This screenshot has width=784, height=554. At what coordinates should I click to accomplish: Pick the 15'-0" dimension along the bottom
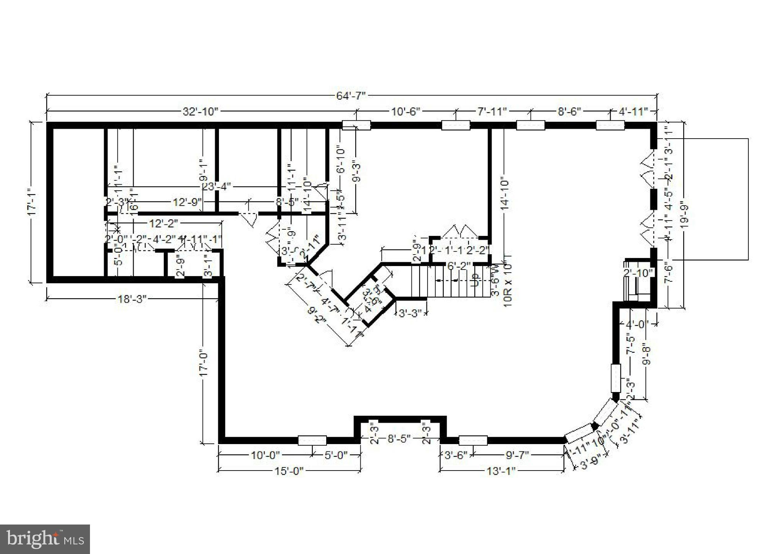click(289, 471)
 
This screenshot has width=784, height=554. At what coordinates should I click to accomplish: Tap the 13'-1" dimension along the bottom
click(501, 471)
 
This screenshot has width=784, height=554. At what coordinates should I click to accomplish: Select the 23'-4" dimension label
click(216, 187)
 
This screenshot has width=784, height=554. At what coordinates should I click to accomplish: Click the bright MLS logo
click(45, 539)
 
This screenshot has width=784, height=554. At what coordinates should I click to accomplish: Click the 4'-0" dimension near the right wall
click(637, 324)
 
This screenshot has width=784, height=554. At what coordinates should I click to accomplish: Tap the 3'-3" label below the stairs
click(410, 313)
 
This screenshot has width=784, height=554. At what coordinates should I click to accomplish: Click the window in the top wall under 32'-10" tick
click(356, 125)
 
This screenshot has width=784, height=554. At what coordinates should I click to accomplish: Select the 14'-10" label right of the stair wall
click(505, 194)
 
